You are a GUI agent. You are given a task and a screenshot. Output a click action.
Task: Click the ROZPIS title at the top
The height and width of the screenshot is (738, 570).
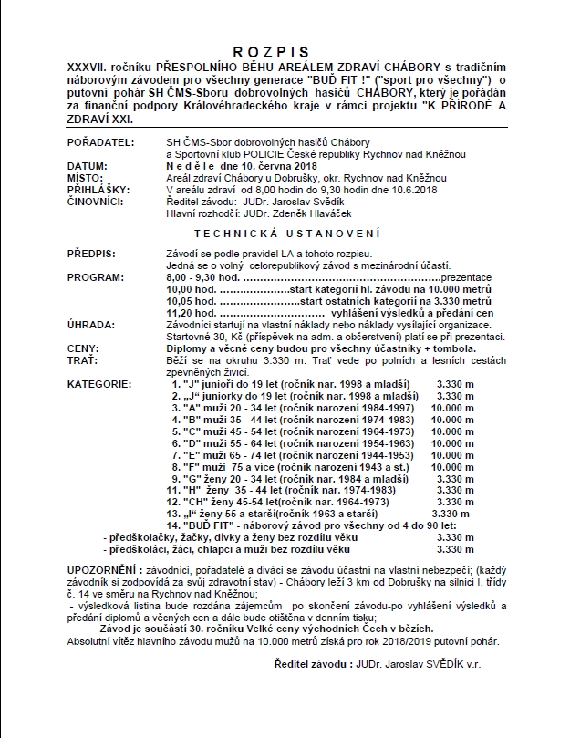[x=285, y=52]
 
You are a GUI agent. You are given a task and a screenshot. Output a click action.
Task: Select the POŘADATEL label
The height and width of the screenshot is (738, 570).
[x=99, y=143]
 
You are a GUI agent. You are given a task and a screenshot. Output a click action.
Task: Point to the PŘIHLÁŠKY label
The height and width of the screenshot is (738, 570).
[x=98, y=189]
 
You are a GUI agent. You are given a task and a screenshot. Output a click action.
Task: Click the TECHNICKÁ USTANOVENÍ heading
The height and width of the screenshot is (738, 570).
[x=285, y=234]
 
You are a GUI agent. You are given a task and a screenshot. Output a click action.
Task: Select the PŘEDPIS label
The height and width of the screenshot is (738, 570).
[x=91, y=251]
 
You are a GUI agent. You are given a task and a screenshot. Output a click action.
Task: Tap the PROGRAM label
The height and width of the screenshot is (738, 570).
[x=94, y=274]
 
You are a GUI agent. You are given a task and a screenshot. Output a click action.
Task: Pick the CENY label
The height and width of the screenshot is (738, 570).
[x=84, y=348]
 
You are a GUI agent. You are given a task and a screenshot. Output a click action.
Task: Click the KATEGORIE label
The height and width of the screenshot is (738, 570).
[x=98, y=384]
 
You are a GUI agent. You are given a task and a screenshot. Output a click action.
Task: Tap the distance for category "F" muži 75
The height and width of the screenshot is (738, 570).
[x=457, y=464]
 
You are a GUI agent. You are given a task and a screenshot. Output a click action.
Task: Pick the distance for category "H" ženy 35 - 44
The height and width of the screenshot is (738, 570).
[x=456, y=489]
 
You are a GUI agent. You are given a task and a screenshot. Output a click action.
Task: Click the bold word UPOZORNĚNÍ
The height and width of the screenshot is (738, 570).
[x=102, y=568]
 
